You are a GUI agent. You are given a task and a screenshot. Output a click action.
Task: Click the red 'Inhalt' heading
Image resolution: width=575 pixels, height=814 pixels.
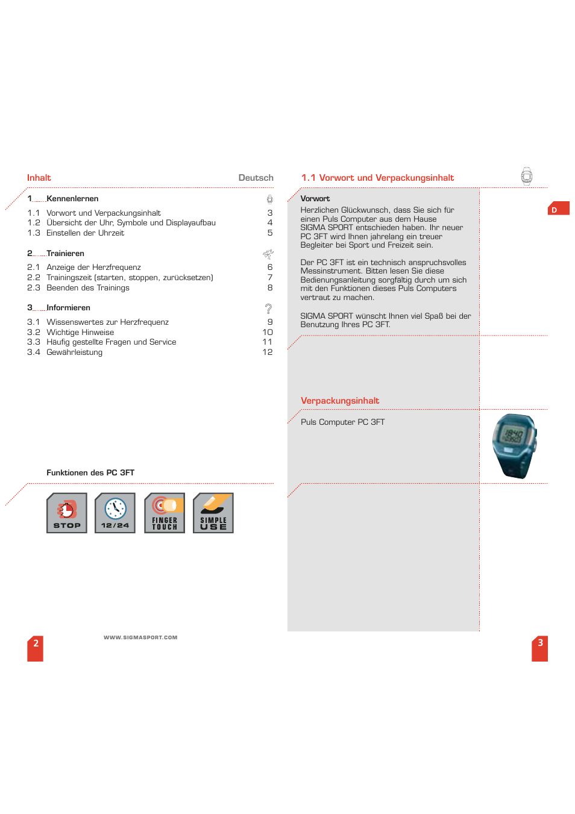click(39, 178)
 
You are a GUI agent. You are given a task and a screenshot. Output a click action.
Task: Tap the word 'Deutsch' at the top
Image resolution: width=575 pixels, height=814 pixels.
click(256, 178)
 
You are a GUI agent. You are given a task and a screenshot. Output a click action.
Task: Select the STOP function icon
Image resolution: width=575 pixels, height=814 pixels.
click(67, 513)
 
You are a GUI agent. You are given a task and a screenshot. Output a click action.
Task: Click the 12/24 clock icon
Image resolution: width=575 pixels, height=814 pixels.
click(115, 513)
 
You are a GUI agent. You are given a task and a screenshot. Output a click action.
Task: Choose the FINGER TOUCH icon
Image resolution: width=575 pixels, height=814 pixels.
click(165, 513)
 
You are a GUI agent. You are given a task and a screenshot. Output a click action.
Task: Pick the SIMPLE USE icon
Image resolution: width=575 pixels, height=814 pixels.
click(213, 513)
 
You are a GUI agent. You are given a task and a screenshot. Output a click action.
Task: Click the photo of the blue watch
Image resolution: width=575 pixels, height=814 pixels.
click(514, 446)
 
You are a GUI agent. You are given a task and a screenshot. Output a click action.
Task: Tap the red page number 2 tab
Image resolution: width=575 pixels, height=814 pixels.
click(36, 648)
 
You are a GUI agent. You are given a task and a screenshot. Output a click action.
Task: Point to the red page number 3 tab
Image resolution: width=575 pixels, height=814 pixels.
click(540, 648)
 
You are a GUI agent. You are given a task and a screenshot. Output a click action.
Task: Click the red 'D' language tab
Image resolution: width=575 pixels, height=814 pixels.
click(558, 210)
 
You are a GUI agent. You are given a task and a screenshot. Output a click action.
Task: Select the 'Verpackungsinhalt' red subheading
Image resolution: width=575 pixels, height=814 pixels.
click(340, 401)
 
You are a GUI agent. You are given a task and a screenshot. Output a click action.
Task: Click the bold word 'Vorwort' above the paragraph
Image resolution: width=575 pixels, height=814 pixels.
click(315, 199)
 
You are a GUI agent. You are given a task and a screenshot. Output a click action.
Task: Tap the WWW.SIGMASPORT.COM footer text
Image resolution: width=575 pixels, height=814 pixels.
click(140, 637)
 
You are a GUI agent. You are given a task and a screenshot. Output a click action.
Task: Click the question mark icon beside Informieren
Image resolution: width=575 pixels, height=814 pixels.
click(269, 308)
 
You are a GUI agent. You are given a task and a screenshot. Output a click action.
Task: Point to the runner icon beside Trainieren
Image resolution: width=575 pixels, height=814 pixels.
click(268, 254)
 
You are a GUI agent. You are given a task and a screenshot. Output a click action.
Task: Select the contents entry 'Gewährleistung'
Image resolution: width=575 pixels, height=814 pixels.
click(74, 352)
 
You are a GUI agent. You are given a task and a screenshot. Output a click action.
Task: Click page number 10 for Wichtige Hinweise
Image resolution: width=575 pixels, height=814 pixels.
click(268, 332)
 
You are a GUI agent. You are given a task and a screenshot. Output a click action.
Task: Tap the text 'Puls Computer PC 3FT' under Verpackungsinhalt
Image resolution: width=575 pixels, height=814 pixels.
click(342, 422)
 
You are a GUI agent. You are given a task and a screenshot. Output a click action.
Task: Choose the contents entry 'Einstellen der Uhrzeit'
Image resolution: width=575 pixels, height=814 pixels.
click(85, 233)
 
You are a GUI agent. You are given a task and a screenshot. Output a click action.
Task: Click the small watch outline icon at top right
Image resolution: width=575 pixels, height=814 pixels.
click(527, 176)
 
